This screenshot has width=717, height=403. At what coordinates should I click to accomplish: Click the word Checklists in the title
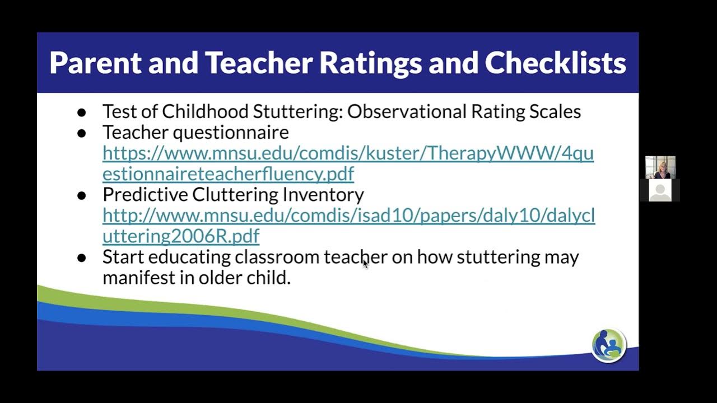point(555,63)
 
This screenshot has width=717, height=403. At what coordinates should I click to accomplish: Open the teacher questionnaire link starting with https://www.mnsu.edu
point(347,153)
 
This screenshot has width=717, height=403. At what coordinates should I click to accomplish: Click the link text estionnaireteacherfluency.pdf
point(228,174)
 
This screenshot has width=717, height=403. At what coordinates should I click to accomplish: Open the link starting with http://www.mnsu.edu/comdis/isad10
point(348,215)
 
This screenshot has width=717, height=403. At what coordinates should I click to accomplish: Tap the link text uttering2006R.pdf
point(181,236)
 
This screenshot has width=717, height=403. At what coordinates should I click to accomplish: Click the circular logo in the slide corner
point(609,346)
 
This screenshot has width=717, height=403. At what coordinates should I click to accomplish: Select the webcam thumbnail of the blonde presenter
point(660,167)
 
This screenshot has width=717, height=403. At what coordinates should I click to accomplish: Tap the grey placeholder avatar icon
point(660,191)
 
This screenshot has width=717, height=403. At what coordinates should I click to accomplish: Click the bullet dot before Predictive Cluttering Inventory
point(82,195)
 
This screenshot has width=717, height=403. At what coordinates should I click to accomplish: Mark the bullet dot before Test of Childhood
point(82,113)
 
